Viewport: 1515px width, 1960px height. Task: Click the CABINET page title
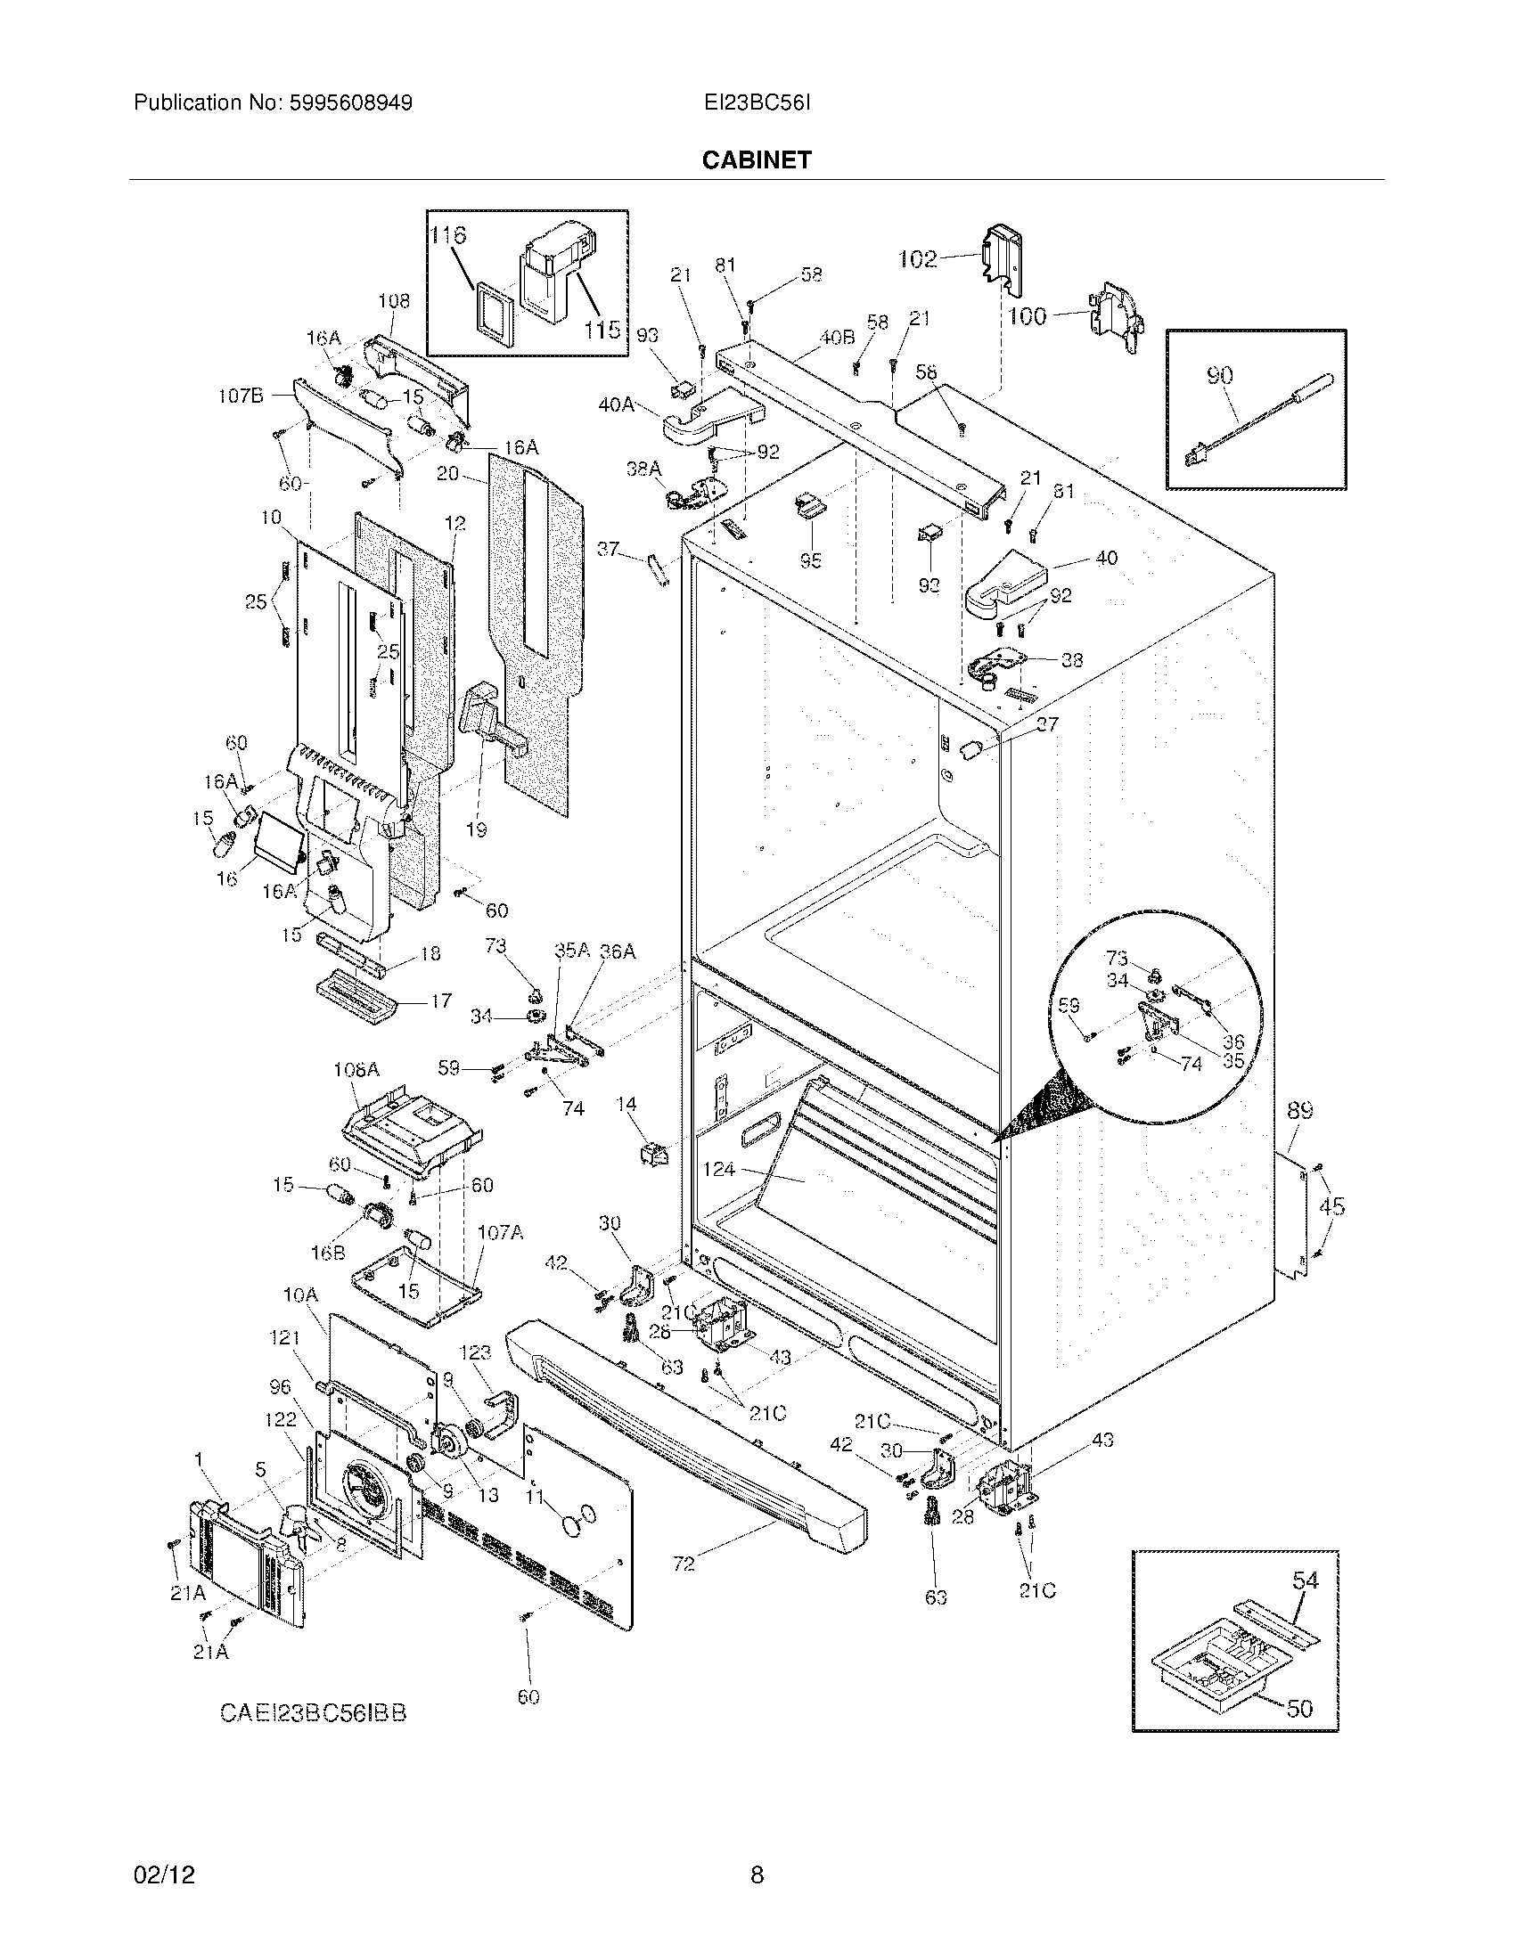756,159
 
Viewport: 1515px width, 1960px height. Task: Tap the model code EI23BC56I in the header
757,103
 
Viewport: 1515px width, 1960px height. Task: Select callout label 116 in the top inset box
448,235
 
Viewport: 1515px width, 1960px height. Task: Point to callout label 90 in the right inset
1219,376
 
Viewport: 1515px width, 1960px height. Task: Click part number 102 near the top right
918,259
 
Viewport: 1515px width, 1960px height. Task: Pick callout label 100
1027,316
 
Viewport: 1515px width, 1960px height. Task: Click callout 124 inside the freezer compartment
719,1170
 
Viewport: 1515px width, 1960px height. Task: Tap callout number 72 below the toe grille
684,1564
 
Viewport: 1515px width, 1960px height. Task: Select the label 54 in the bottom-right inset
1305,1580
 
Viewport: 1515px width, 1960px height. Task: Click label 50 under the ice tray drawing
1299,1708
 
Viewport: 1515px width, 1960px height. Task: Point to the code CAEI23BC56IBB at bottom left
313,1712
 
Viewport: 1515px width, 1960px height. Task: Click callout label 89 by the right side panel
1299,1111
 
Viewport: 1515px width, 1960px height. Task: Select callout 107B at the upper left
240,396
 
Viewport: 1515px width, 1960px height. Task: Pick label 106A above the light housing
356,1070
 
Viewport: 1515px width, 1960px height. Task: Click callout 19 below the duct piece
477,829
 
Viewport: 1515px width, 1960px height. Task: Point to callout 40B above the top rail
837,338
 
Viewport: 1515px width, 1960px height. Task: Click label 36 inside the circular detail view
1235,1042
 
